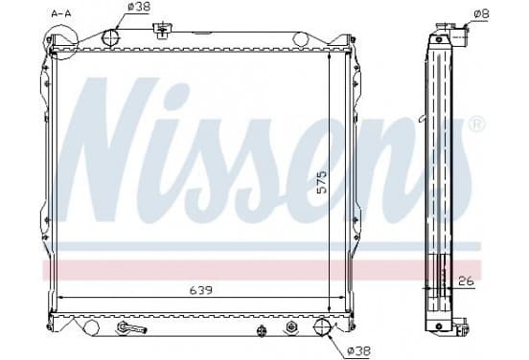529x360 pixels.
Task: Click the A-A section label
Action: tap(61, 13)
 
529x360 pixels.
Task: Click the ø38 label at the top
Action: tap(139, 7)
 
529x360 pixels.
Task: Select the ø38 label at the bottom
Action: tap(359, 350)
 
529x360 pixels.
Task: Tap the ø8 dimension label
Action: tap(481, 13)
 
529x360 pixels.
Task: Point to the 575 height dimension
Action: tap(322, 182)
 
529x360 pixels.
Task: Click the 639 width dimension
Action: tap(201, 290)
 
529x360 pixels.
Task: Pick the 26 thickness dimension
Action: tap(466, 281)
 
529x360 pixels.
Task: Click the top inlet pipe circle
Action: tap(111, 37)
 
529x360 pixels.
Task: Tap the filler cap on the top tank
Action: tap(163, 29)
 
